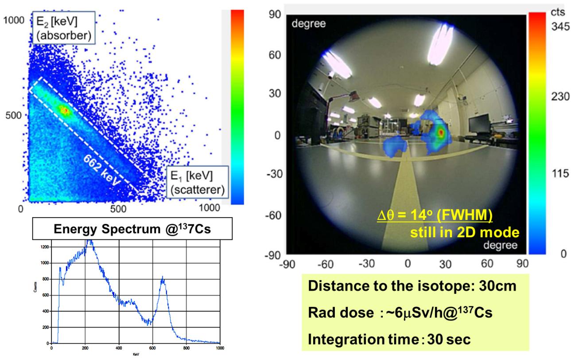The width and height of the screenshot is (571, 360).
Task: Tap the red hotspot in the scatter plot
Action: pos(64,110)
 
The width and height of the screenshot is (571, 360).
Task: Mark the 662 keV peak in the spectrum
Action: pos(163,278)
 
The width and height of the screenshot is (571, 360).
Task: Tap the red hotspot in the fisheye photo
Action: pos(440,132)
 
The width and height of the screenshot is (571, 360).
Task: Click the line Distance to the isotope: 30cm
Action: pos(412,286)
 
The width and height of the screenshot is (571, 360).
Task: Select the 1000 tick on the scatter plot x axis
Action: pos(209,207)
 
